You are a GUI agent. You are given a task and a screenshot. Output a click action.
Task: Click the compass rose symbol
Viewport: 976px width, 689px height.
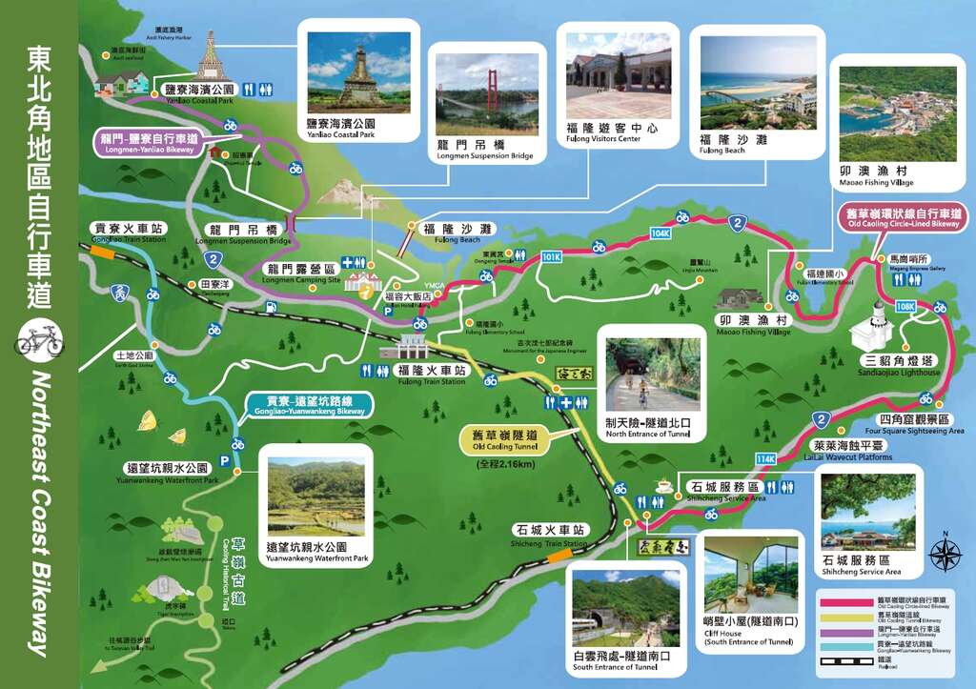tap(945, 552)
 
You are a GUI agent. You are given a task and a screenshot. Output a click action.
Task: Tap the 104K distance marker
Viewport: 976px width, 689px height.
tap(661, 233)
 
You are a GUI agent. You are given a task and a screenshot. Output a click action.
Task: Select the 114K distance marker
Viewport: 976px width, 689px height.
tap(765, 458)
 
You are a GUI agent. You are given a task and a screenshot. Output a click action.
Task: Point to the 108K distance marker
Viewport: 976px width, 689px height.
tap(905, 307)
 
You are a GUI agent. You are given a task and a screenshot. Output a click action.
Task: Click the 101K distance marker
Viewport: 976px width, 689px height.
tap(551, 257)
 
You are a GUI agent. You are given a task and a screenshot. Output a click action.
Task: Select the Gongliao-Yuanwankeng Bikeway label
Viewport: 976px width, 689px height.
tap(310, 406)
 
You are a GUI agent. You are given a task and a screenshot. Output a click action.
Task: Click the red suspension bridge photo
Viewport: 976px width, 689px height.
tap(487, 93)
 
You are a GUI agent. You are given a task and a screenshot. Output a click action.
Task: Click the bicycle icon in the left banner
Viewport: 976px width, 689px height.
tap(40, 338)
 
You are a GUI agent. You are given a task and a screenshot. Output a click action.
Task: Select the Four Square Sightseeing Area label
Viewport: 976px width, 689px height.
tap(914, 425)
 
